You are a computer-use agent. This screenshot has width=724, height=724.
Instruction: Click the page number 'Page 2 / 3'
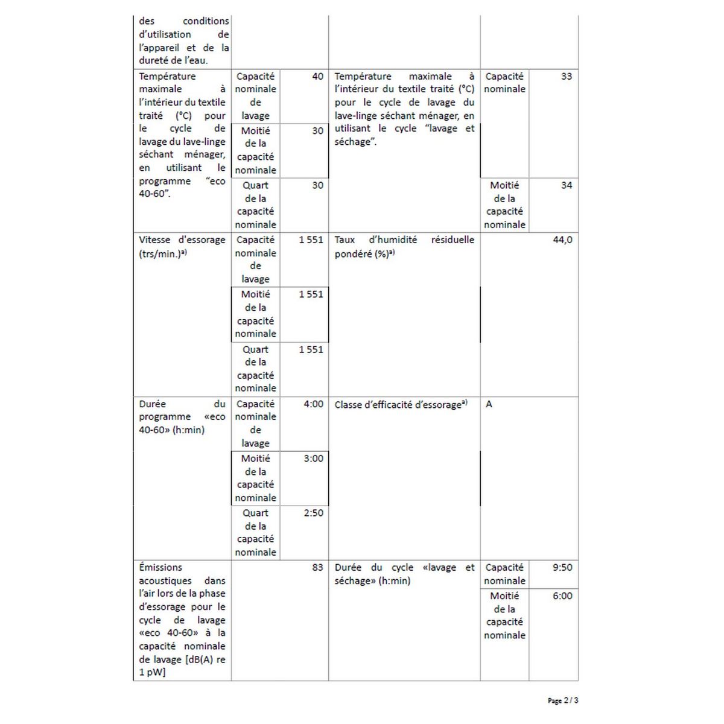(562, 700)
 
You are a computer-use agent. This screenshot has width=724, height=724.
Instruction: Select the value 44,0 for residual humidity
(562, 240)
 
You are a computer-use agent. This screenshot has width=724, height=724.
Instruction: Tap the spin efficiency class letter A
(489, 404)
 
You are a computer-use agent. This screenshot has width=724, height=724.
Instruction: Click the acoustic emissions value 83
(317, 568)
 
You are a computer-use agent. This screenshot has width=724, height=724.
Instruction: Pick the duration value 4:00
(313, 404)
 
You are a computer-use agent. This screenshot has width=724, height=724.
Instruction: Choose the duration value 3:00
(313, 459)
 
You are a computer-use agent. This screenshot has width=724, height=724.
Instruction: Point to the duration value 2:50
(313, 513)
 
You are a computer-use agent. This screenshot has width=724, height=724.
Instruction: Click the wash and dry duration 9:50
(562, 568)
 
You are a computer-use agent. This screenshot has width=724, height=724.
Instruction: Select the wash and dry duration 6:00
(562, 596)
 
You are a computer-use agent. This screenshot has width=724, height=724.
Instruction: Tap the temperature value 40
(317, 77)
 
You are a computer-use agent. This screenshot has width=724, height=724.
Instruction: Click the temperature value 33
(566, 77)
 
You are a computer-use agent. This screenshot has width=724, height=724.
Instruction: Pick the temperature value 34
(566, 186)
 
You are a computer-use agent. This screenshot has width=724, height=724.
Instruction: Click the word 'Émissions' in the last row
(160, 568)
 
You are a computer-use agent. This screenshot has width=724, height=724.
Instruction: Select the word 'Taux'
(345, 240)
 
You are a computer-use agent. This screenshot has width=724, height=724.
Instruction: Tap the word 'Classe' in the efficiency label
(349, 405)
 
